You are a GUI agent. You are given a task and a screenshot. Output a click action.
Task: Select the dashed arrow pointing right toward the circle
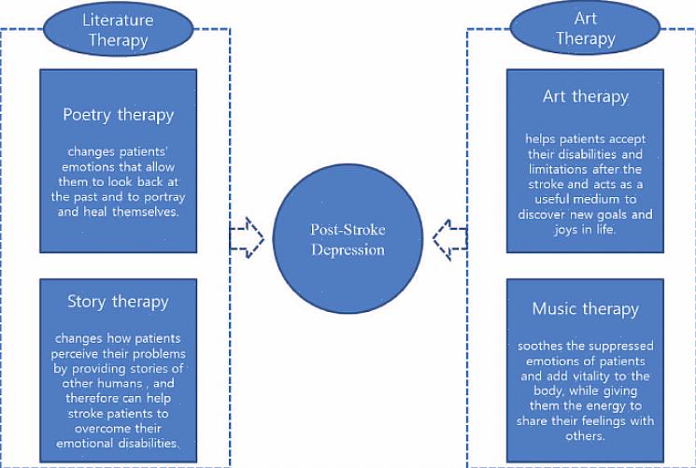coord(248,238)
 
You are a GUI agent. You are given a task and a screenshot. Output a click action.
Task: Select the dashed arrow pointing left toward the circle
coord(449,239)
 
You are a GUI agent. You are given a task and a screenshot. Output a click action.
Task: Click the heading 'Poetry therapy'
coord(119,115)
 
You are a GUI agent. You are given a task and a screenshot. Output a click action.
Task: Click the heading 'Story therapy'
coord(118,302)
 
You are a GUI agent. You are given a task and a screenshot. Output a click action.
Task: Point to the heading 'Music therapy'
coord(586,308)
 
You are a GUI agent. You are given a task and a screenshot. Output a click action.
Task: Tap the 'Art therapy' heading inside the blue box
coord(586,96)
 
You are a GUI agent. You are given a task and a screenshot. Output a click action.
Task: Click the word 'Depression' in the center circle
coord(348,249)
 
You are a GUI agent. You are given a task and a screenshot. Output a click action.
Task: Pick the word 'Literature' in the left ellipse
coord(116,19)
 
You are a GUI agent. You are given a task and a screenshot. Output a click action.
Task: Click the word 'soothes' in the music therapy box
coord(544,346)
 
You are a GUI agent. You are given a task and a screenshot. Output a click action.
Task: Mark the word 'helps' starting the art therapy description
coord(543,139)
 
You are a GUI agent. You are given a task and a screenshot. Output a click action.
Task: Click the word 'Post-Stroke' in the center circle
coord(348,230)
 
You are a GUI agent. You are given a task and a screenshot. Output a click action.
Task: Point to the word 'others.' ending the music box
coord(586,435)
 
